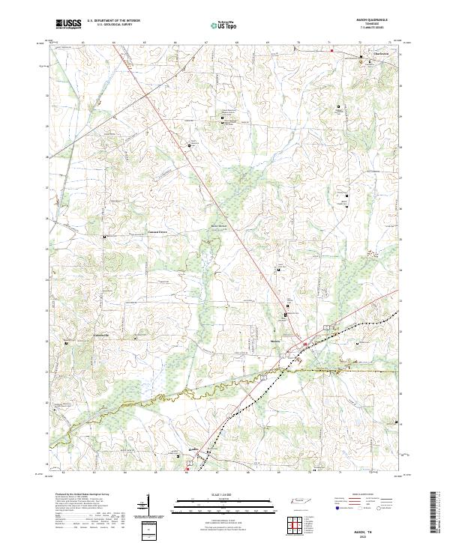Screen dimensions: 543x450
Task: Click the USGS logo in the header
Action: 67,24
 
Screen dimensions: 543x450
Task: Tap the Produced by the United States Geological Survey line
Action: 75,494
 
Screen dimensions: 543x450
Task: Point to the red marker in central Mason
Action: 305,345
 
